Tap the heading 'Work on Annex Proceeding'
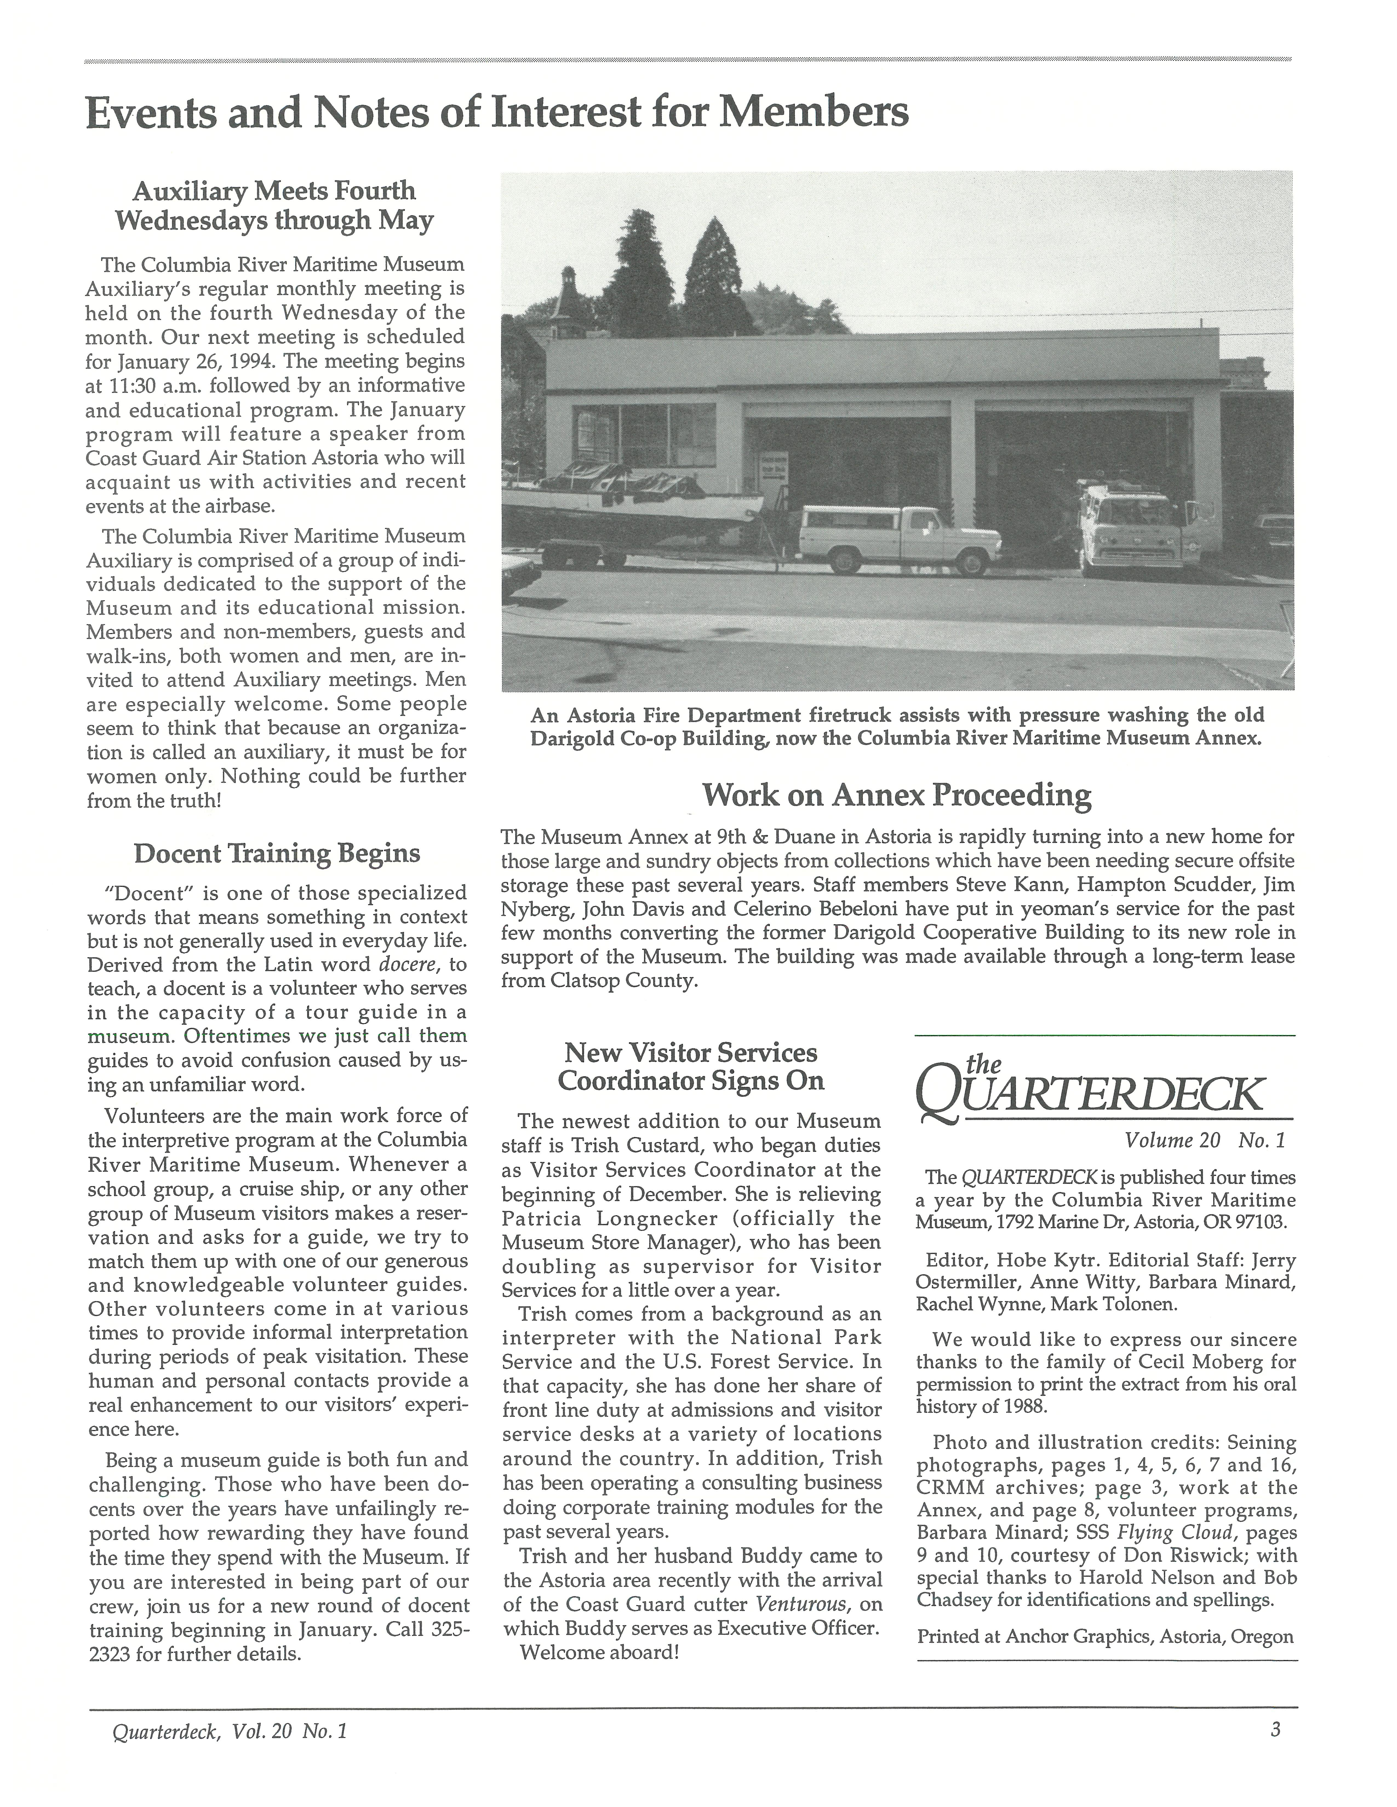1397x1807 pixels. coord(896,795)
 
